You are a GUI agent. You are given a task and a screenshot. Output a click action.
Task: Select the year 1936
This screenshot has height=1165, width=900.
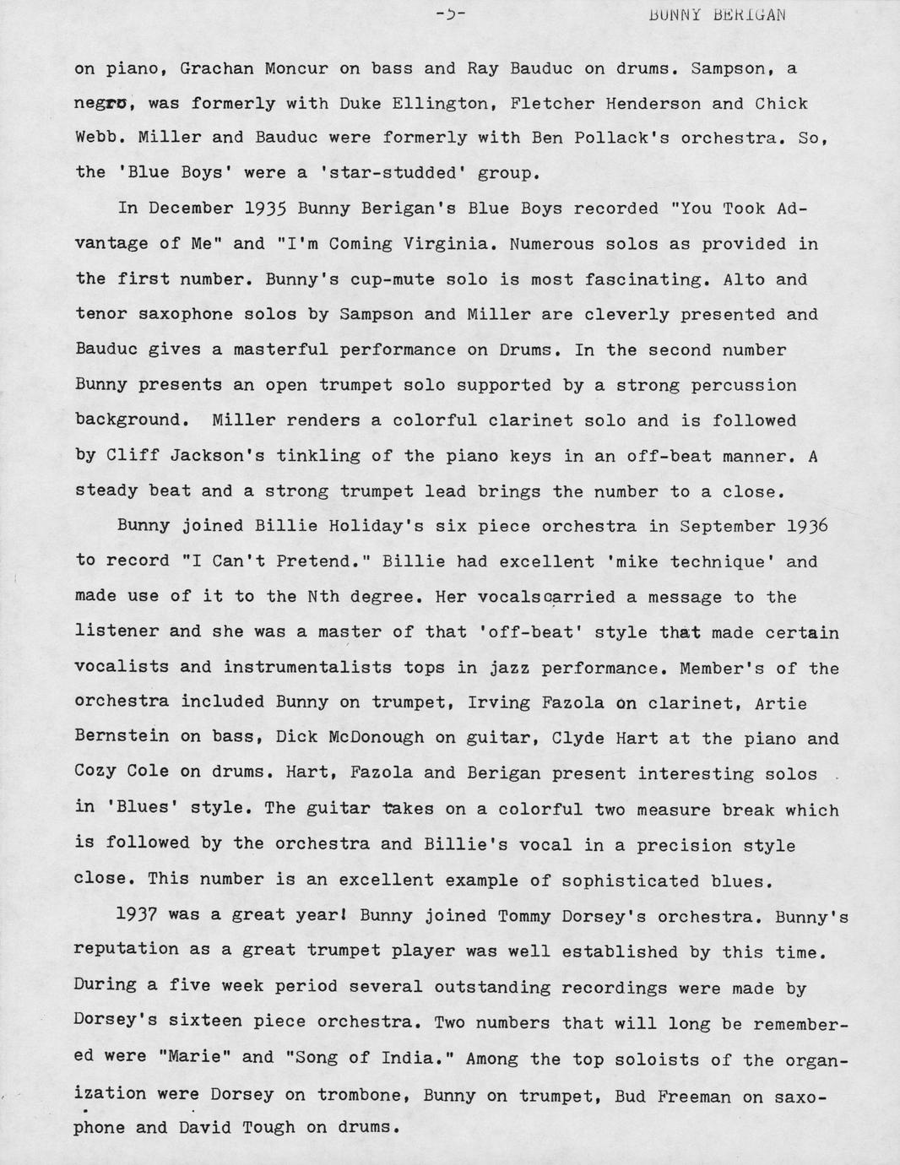806,526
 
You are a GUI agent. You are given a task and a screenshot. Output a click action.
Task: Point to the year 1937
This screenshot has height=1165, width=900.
138,916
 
